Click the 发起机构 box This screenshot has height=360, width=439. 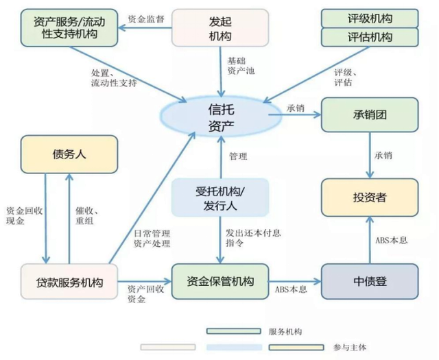219,27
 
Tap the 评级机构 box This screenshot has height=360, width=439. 369,17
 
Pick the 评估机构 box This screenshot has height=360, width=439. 369,36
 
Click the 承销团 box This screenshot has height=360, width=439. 369,115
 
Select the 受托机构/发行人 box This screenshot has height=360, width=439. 219,197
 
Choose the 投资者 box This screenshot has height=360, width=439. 369,197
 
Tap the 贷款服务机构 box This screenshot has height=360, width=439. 69,281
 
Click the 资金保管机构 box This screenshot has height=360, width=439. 220,281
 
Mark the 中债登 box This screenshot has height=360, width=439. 369,281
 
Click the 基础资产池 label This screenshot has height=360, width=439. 241,67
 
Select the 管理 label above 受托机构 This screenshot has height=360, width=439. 238,156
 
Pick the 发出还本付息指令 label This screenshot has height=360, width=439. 252,237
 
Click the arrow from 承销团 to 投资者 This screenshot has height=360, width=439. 369,156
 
